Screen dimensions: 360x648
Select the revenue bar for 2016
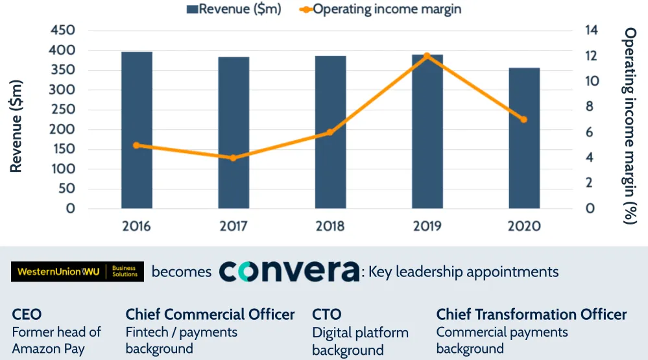pos(136,130)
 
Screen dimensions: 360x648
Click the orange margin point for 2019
pos(427,56)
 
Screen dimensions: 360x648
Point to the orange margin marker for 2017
pos(234,158)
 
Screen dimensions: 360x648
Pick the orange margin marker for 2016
pos(136,145)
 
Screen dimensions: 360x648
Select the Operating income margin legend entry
pos(380,9)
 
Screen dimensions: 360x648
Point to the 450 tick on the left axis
pos(62,30)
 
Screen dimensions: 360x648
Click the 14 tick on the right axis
pos(591,30)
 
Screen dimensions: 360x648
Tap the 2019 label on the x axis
pos(427,226)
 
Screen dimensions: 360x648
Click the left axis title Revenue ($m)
pos(16,126)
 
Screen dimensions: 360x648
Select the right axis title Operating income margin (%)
pos(630,126)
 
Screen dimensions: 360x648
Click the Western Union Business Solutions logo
pos(77,272)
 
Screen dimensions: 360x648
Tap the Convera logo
pos(289,271)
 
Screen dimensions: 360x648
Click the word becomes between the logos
pos(182,272)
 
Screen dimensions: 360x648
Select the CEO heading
pos(27,315)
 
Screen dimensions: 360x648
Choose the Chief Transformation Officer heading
pos(531,315)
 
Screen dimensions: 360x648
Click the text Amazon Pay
pos(49,349)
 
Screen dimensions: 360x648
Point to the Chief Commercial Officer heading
pos(210,315)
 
